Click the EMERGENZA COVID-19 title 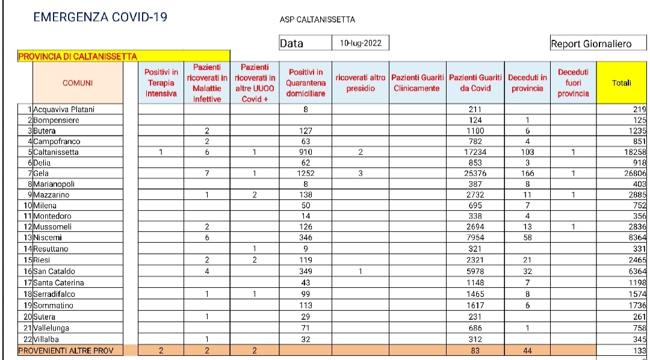[x=101, y=17]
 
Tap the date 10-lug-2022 [x=360, y=43]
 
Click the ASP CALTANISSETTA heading [x=317, y=19]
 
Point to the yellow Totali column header [x=621, y=83]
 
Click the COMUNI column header [x=78, y=83]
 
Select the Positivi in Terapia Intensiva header [x=161, y=83]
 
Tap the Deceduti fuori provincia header [x=573, y=83]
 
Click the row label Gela [x=43, y=173]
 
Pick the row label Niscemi [x=47, y=238]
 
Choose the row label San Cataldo [x=54, y=271]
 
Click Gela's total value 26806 [x=634, y=173]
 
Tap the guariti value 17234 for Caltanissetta [x=475, y=152]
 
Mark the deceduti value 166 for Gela [x=527, y=173]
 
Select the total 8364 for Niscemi [x=636, y=238]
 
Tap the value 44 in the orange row [x=527, y=350]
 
